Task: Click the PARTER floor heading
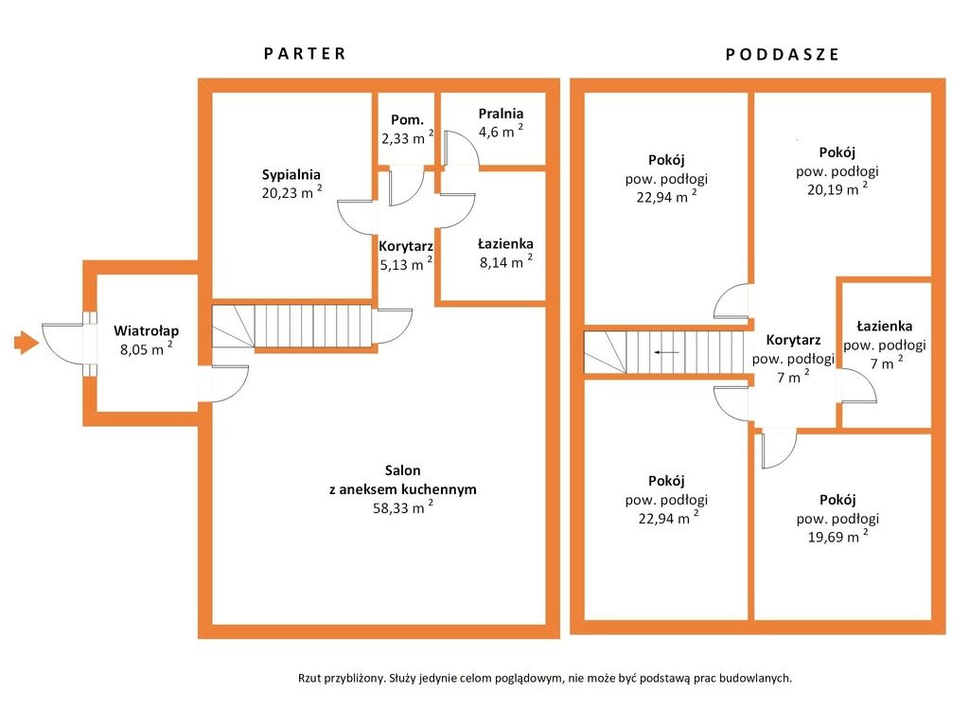tap(305, 54)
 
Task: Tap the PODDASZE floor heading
tap(783, 54)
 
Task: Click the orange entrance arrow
tap(26, 343)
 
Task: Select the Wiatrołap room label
tap(147, 330)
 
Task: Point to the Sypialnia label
tap(291, 174)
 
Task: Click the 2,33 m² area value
tap(407, 137)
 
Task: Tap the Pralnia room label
tap(501, 114)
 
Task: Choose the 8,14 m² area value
tap(505, 261)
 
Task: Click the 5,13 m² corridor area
tap(405, 264)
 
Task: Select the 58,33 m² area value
tap(403, 507)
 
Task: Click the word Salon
tap(402, 470)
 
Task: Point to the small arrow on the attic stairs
tap(667, 352)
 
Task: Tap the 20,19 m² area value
tap(837, 189)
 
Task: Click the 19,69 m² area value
tap(837, 536)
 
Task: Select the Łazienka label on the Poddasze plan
tap(885, 326)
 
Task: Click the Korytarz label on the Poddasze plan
tap(793, 340)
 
